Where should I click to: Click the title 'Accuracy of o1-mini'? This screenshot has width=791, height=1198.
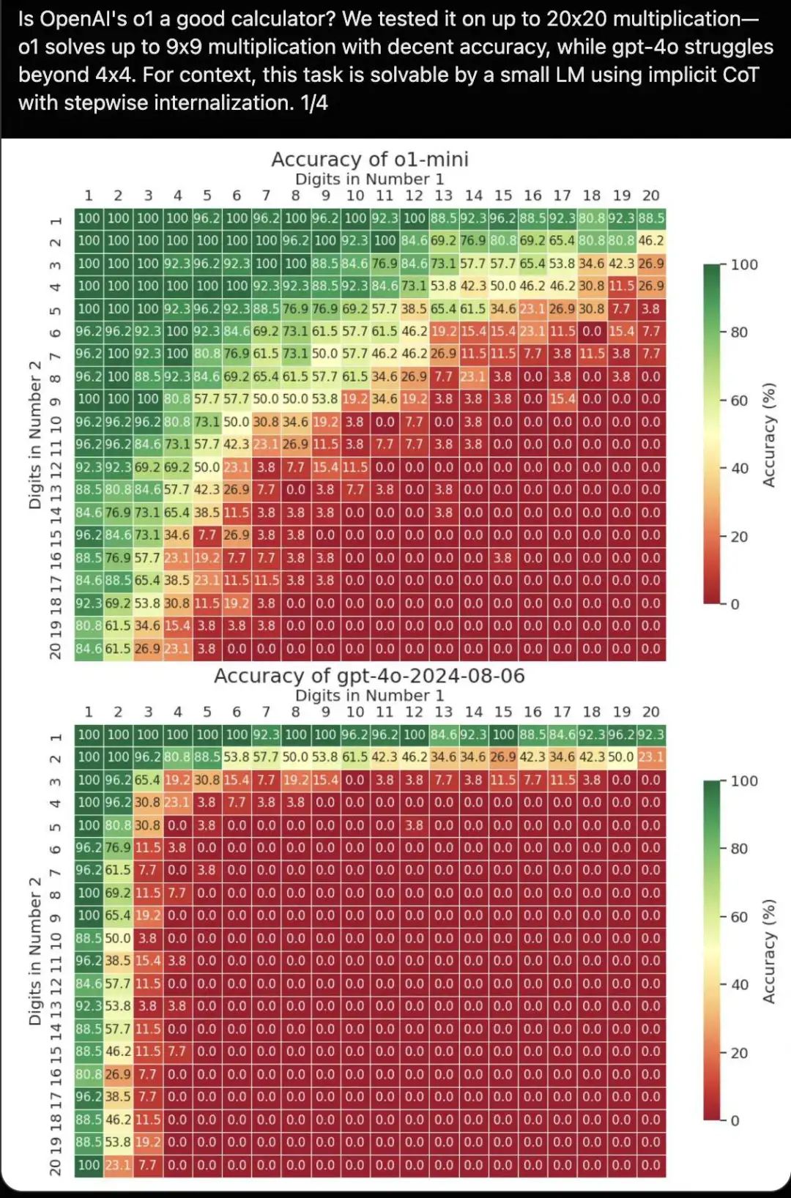click(369, 159)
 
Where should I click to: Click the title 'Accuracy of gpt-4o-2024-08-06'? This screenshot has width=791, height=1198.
click(369, 675)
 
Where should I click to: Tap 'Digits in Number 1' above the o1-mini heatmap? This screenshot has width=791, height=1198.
click(369, 179)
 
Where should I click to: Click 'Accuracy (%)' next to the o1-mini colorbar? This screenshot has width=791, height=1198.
click(768, 434)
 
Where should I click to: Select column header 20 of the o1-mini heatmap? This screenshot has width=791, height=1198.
click(650, 196)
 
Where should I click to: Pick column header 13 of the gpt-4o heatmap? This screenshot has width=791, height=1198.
click(443, 712)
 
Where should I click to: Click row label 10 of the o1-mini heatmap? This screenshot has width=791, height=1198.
click(56, 423)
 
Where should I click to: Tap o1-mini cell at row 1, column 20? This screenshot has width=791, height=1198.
click(650, 218)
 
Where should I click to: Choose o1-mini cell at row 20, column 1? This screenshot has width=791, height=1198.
click(89, 649)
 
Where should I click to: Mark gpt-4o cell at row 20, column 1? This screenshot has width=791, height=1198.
click(89, 1165)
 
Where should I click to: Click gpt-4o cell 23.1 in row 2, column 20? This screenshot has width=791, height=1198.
click(650, 757)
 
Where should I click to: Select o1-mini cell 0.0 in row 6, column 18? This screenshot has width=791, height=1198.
click(592, 332)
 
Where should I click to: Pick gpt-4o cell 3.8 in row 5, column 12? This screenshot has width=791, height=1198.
click(414, 825)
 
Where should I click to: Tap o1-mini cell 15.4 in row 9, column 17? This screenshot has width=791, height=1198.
click(562, 399)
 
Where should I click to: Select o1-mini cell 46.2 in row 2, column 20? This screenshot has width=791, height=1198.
click(650, 241)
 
